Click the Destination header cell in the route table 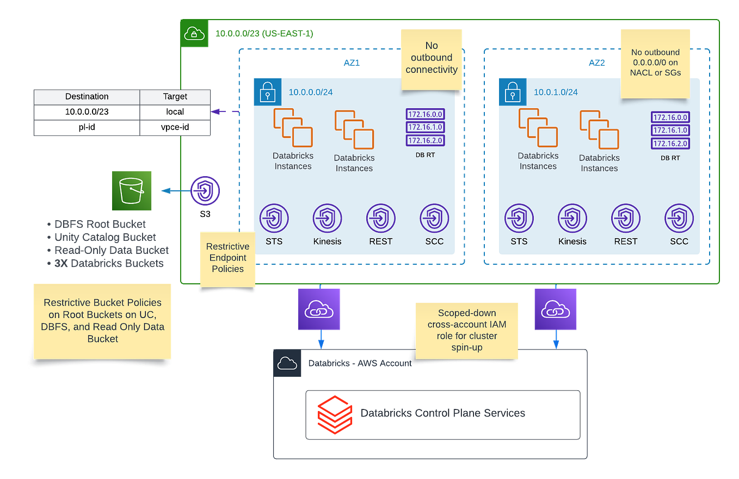coord(87,96)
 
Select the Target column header coord(175,96)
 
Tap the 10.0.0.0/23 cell coord(87,111)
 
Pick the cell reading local coord(175,111)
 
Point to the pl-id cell coord(87,127)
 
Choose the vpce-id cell coord(175,127)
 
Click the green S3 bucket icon coord(132,190)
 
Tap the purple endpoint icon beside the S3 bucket coord(205,191)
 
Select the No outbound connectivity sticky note coord(431,58)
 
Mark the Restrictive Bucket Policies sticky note coord(102,320)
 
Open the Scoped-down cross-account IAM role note coord(467,330)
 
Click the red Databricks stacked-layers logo coord(335,413)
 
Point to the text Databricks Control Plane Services coord(442,413)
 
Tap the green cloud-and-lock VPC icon coord(194,34)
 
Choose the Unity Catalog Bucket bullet coord(106,237)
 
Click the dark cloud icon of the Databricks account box coord(287,363)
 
